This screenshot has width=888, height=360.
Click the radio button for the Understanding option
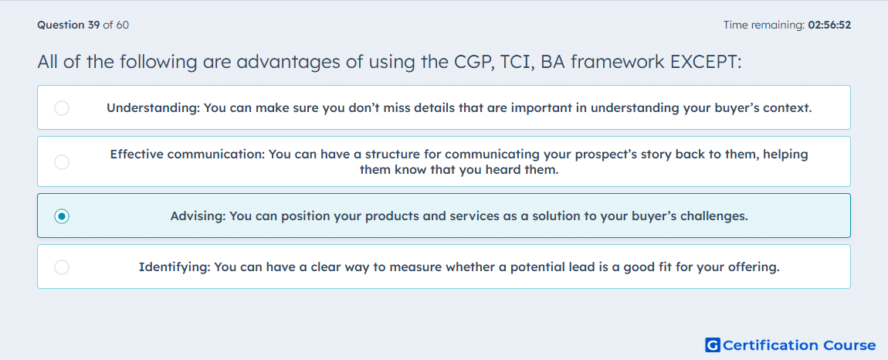click(62, 107)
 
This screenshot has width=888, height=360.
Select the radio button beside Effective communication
click(62, 162)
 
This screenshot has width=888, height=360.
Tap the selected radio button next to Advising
click(62, 216)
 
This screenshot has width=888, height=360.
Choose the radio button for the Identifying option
click(62, 267)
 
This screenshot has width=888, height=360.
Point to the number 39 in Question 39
click(94, 25)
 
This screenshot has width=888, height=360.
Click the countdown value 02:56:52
click(829, 25)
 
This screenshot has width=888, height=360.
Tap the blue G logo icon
click(713, 345)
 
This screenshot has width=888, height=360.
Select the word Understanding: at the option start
click(153, 107)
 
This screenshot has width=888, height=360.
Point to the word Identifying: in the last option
click(173, 267)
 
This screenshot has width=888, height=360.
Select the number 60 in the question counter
click(122, 25)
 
